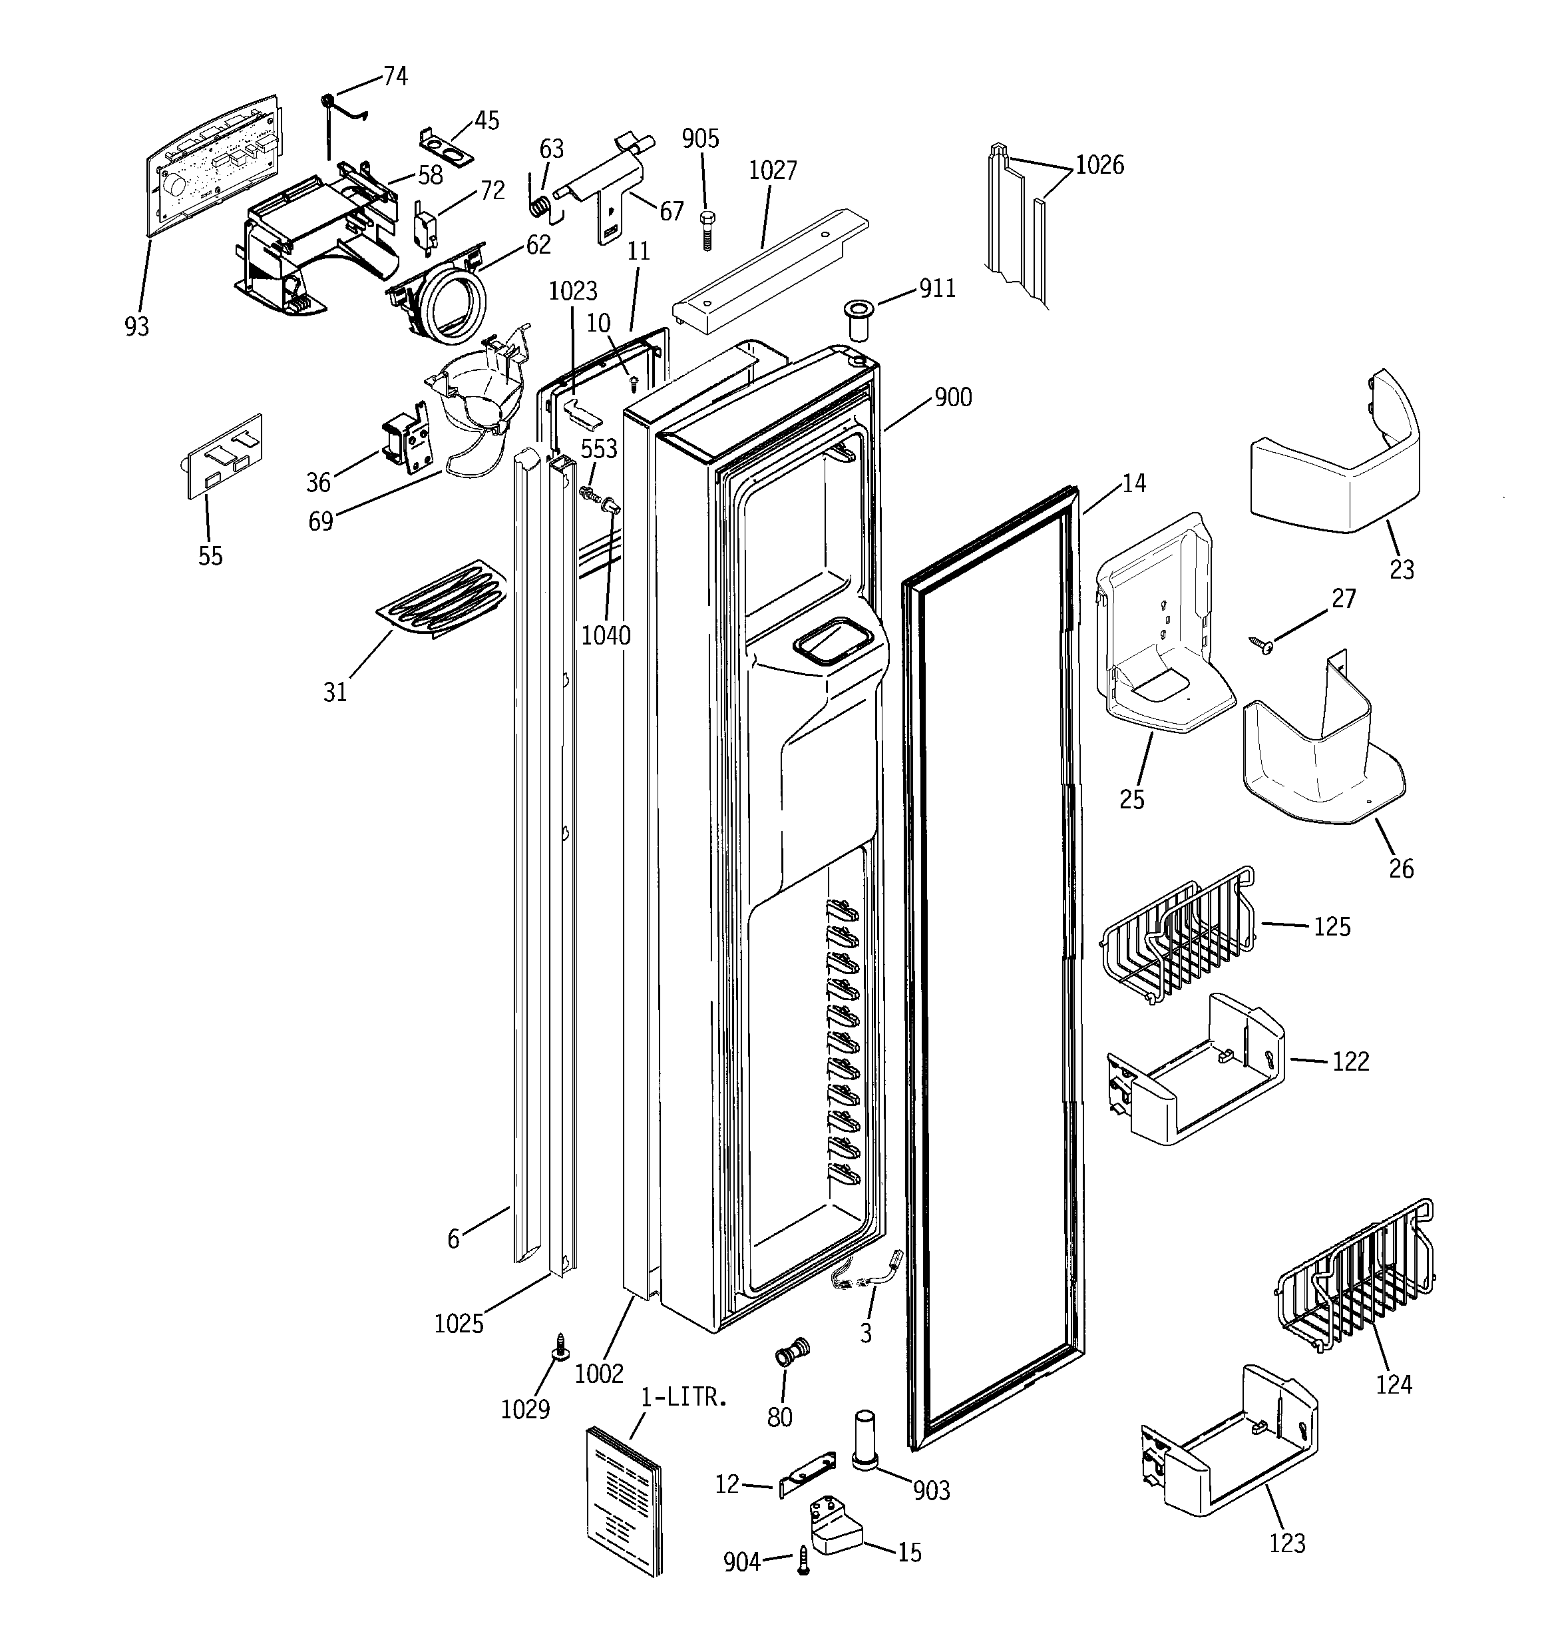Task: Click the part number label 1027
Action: [773, 170]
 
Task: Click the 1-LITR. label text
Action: [685, 1397]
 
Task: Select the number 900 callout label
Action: [953, 398]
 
